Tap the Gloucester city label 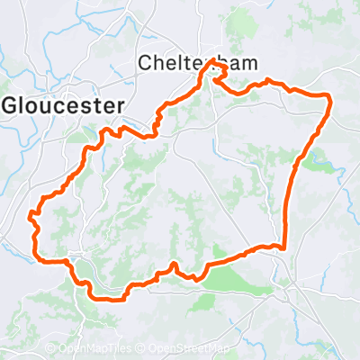pyautogui.click(x=63, y=104)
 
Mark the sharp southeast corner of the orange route pyautogui.click(x=283, y=247)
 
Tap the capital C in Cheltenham pyautogui.click(x=146, y=62)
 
